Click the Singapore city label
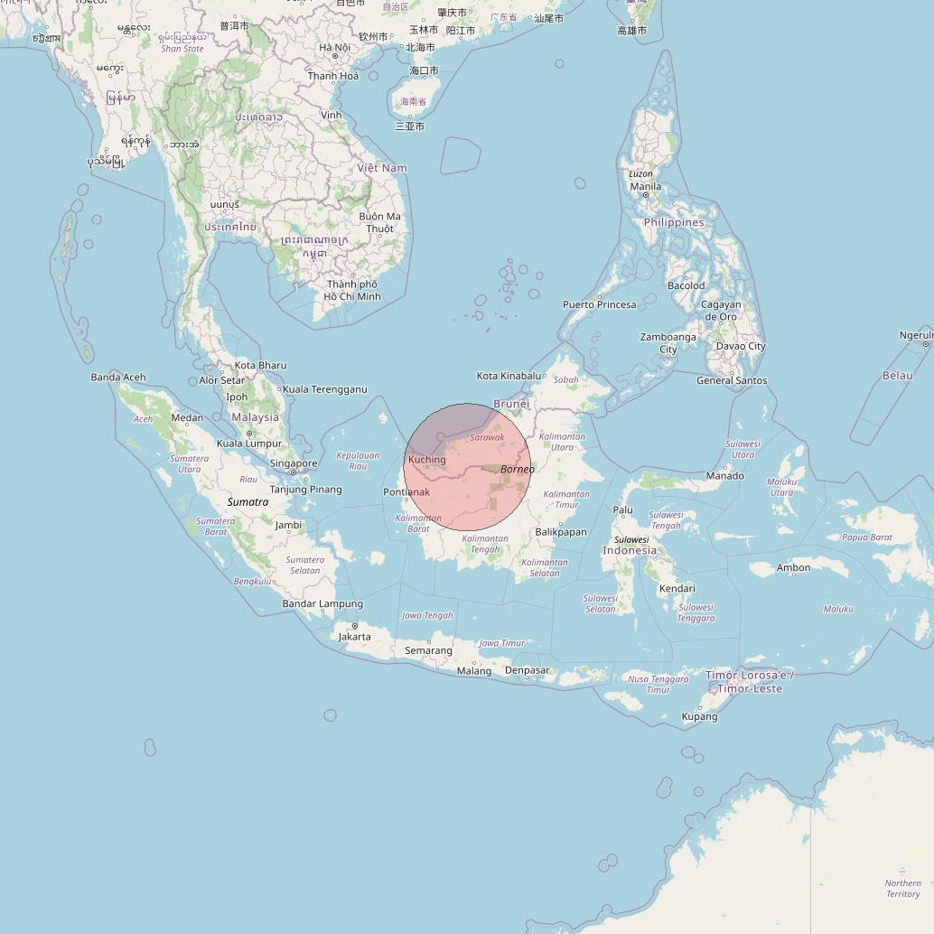tap(294, 463)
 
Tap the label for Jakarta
tap(354, 637)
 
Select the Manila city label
tap(645, 187)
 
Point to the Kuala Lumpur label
tap(249, 444)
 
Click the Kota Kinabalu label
tap(509, 376)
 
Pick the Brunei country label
tap(511, 404)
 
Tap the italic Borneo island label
tap(518, 469)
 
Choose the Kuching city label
tap(426, 460)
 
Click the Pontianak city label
tap(406, 492)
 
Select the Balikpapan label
tap(561, 532)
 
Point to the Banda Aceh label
tap(117, 378)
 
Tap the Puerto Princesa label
tap(600, 304)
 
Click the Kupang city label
tap(699, 716)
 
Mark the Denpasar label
tap(527, 670)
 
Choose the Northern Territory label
tap(902, 889)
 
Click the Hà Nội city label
tap(334, 47)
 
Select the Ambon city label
tap(793, 567)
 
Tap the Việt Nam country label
tap(382, 168)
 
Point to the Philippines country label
tap(674, 222)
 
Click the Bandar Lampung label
tap(322, 603)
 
